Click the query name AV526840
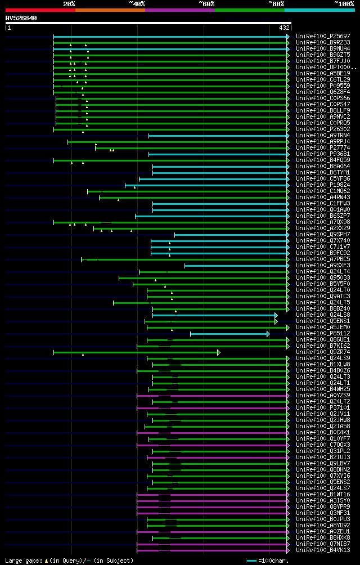(x=21, y=18)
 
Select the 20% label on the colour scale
(x=69, y=3)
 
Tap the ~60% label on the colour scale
(x=206, y=3)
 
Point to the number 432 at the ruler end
(x=283, y=28)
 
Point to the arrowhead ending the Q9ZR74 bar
(x=219, y=352)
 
